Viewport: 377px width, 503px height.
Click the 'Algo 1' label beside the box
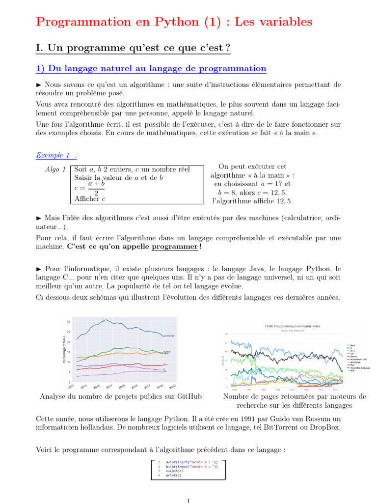55,169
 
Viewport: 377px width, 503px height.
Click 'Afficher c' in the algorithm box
90,198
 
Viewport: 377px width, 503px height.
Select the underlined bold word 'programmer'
174,247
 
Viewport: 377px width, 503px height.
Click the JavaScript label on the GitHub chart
169,335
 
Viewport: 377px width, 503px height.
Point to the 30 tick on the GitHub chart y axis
69,321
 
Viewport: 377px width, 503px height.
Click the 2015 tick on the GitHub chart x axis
121,387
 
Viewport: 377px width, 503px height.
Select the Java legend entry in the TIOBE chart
353,345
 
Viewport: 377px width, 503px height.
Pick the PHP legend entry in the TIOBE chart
352,371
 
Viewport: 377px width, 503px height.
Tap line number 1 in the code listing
159,462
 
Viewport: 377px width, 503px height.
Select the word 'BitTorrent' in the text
259,427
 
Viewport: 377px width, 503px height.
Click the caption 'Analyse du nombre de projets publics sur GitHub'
121,396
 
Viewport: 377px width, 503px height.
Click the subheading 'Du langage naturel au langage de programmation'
156,69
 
